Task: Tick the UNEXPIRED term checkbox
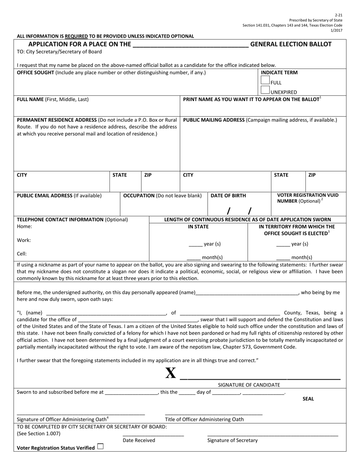pos(265,90)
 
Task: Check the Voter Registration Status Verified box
pos(100,447)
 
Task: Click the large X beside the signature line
pos(171,374)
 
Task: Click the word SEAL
pos(308,399)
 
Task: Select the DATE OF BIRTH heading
pos(228,195)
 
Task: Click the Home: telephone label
pos(25,226)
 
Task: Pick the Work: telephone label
pos(24,240)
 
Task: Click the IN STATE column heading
pos(198,227)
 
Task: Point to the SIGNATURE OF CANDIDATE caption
pos(249,385)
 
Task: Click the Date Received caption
pos(139,440)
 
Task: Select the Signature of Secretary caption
pos(232,440)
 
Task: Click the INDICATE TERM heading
pos(279,72)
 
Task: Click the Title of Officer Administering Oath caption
pos(204,419)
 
